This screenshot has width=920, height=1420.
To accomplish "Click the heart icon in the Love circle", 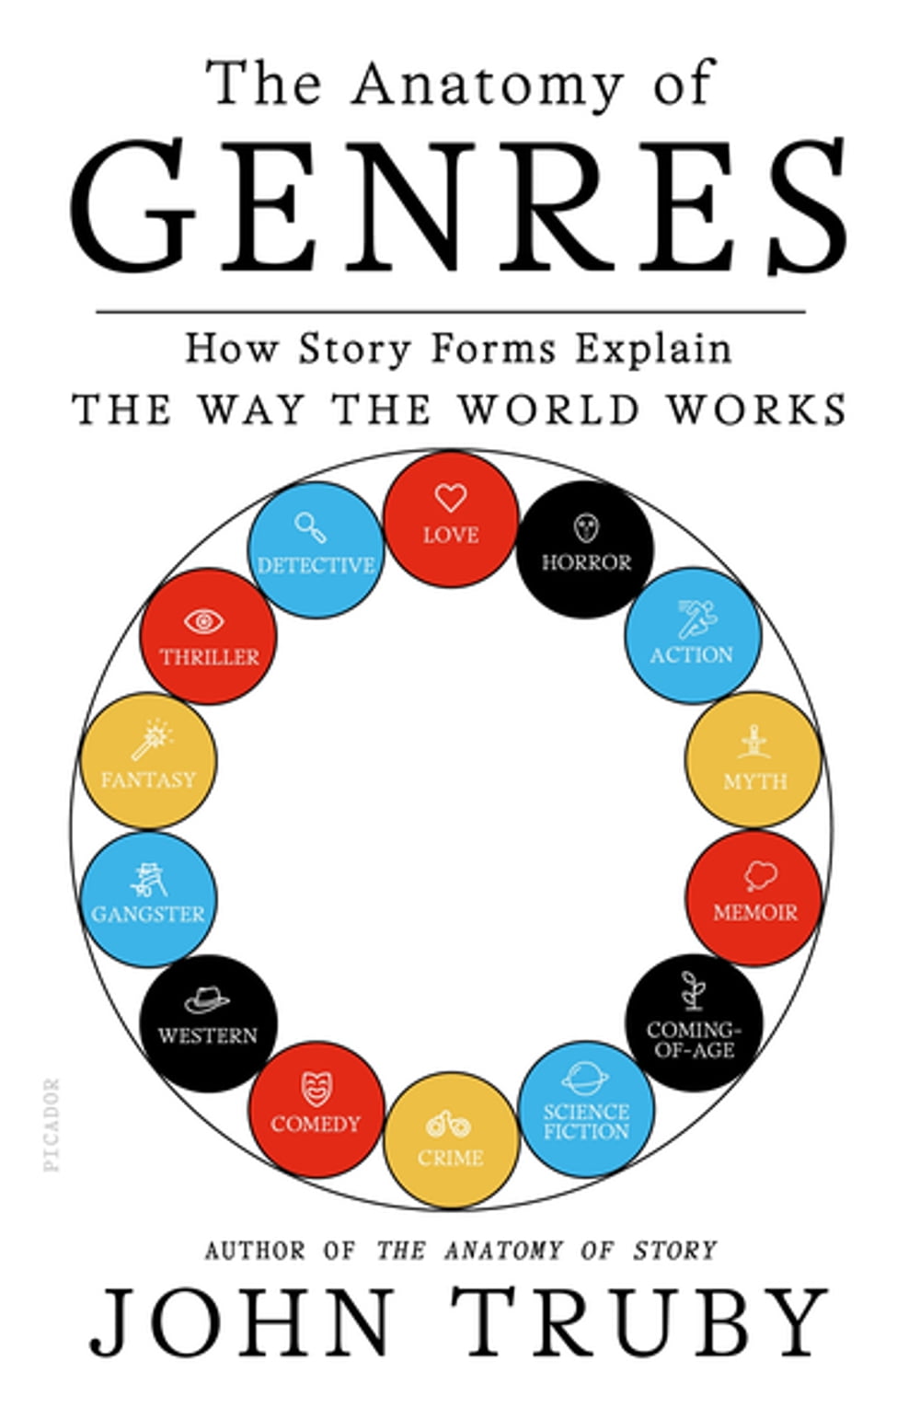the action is (x=451, y=498).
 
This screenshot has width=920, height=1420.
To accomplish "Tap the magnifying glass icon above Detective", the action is (x=310, y=527).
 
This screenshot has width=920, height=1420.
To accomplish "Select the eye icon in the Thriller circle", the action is (x=204, y=622).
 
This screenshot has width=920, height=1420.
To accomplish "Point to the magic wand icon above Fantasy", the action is (x=152, y=740).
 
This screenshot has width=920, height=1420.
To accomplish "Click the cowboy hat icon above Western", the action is (x=207, y=1001).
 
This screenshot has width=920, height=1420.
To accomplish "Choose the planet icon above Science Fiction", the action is (x=585, y=1078).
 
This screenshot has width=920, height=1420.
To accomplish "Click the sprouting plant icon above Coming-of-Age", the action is (x=692, y=991).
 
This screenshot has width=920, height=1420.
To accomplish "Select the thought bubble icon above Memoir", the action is (x=761, y=877).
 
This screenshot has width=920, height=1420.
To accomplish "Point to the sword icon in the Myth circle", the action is (x=754, y=743).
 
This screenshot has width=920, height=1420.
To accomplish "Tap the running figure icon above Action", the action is (x=697, y=619).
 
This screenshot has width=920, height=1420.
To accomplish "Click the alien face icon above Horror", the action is (x=586, y=528).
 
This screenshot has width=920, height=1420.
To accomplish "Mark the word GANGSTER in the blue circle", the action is (x=148, y=914).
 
